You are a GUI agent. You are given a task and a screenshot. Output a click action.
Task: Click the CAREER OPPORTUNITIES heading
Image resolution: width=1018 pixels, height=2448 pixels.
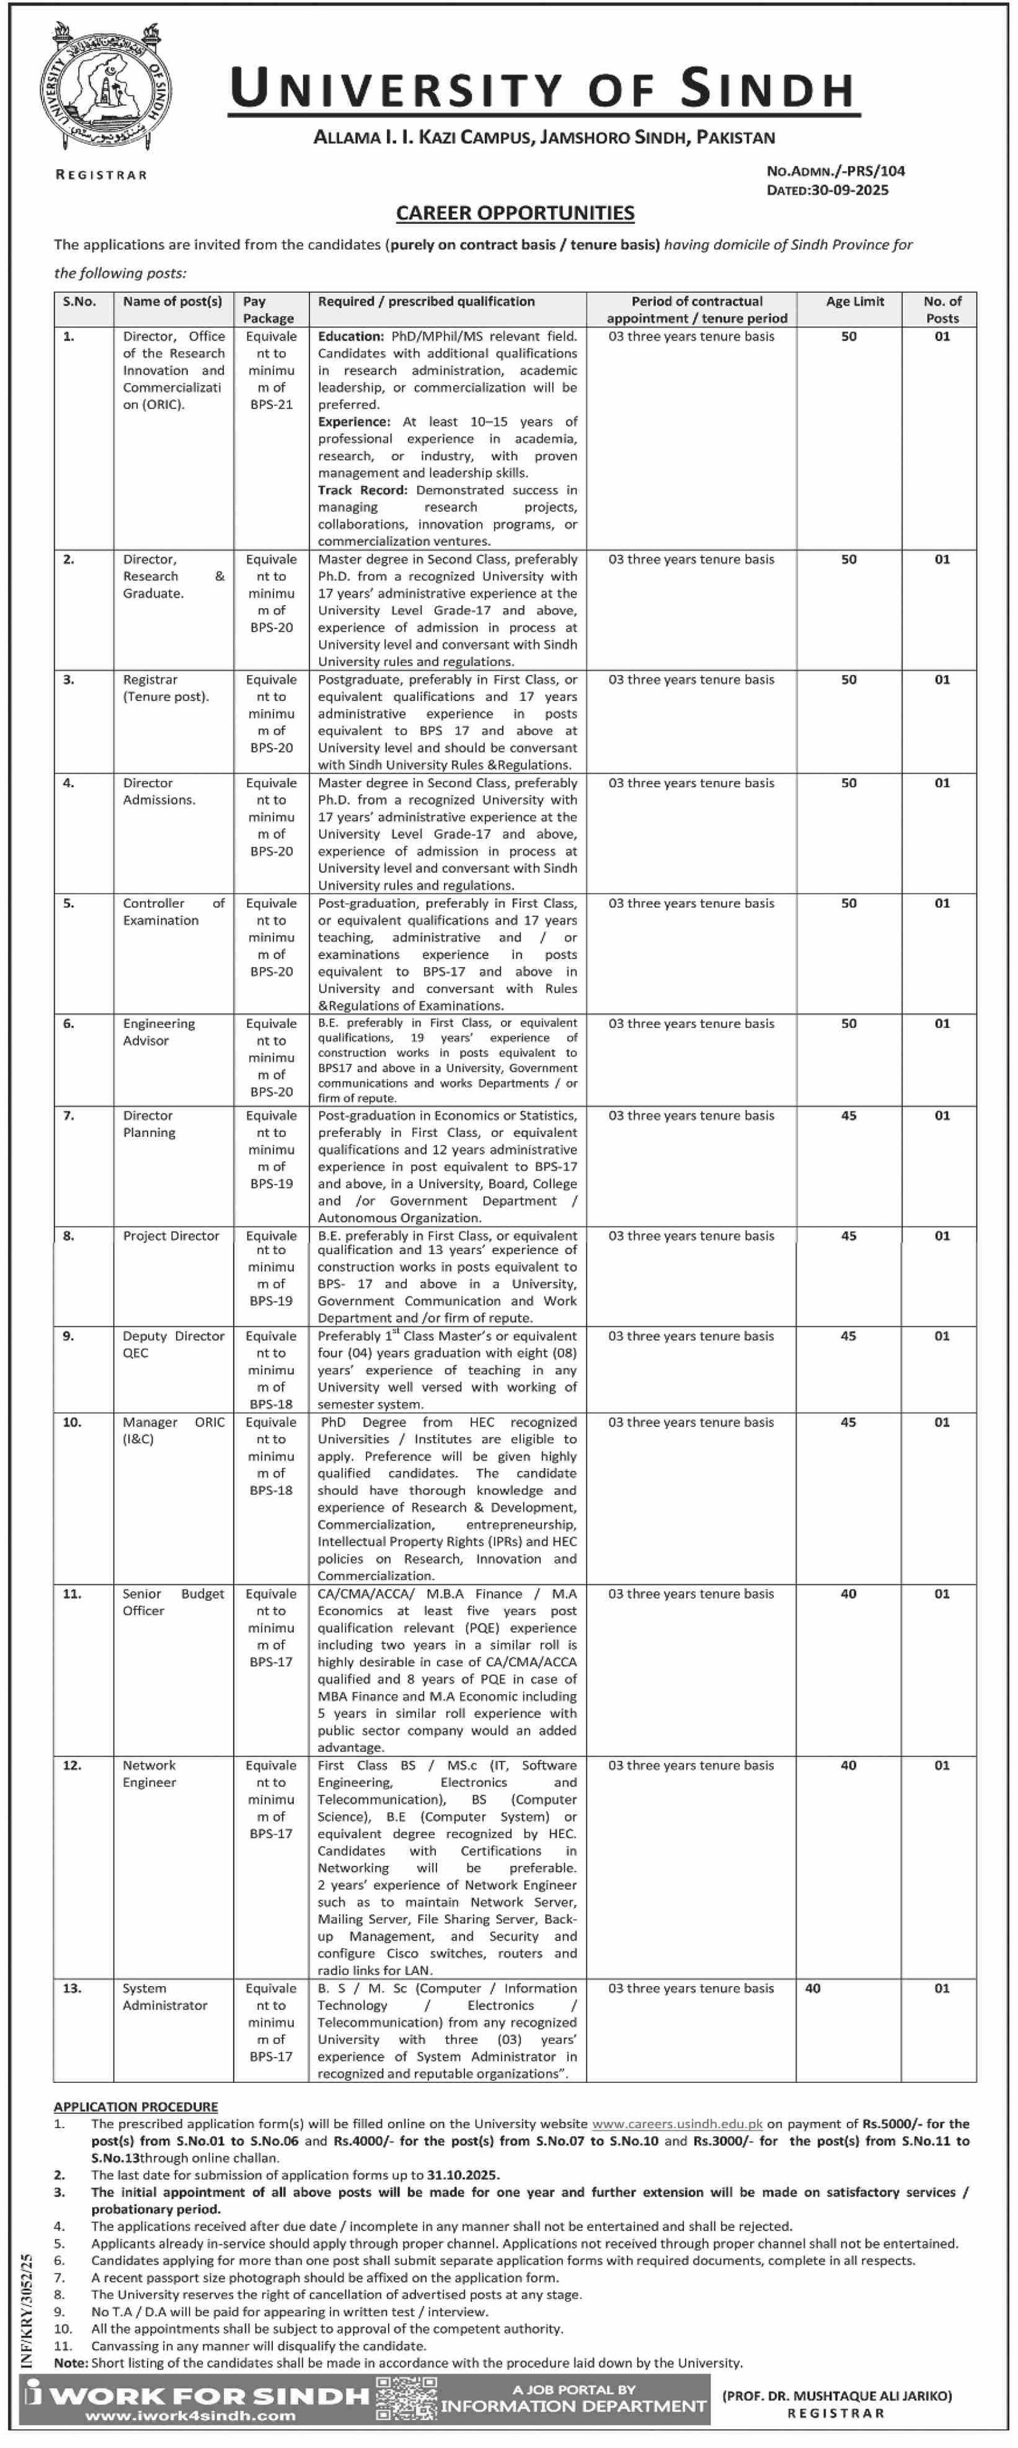click(515, 213)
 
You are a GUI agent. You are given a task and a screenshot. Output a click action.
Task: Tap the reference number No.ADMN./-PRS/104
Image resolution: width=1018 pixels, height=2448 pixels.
click(835, 171)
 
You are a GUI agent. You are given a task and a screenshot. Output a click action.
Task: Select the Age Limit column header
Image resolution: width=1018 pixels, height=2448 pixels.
click(854, 302)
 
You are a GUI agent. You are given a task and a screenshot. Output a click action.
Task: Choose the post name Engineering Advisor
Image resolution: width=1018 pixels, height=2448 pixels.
click(158, 1032)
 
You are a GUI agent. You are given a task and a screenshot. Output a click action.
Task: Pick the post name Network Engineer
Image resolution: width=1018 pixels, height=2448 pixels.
click(150, 1773)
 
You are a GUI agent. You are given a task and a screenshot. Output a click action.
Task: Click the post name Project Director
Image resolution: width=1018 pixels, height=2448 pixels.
click(171, 1235)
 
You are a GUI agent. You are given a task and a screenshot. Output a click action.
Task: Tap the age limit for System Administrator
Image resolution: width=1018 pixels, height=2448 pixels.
click(812, 1988)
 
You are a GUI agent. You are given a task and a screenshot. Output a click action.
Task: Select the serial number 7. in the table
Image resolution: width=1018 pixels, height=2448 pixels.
click(69, 1116)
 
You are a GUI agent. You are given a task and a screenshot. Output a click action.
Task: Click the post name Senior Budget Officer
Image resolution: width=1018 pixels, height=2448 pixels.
click(173, 1603)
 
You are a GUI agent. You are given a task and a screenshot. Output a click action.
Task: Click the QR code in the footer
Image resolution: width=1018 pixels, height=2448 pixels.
click(407, 2398)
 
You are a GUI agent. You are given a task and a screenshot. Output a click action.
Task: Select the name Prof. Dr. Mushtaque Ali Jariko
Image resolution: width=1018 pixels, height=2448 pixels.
click(837, 2396)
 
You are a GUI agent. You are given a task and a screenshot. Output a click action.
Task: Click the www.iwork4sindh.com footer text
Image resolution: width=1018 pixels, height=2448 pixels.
click(190, 2416)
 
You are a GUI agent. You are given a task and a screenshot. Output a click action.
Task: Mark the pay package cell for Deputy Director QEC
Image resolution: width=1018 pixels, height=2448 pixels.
click(271, 1370)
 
